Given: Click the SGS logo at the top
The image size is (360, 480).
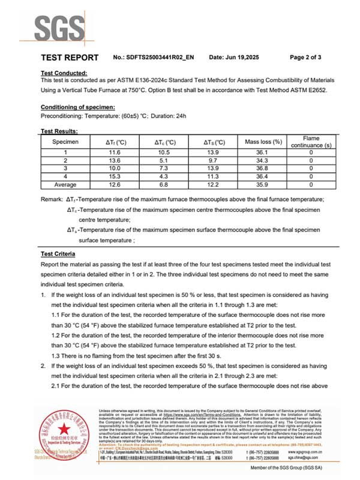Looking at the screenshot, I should click(59, 26).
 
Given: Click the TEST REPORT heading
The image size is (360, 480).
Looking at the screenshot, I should click(70, 58).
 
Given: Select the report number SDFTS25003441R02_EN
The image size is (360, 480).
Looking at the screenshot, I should click(163, 58).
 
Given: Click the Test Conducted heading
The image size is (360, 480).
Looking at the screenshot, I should click(65, 73).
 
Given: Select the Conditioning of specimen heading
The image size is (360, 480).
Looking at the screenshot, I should click(77, 107).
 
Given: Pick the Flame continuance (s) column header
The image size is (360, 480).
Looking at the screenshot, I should click(311, 142).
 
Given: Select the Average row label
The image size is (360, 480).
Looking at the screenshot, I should click(65, 185).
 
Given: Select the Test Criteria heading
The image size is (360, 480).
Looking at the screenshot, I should click(58, 254).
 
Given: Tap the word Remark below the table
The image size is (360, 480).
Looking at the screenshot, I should click(52, 199).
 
